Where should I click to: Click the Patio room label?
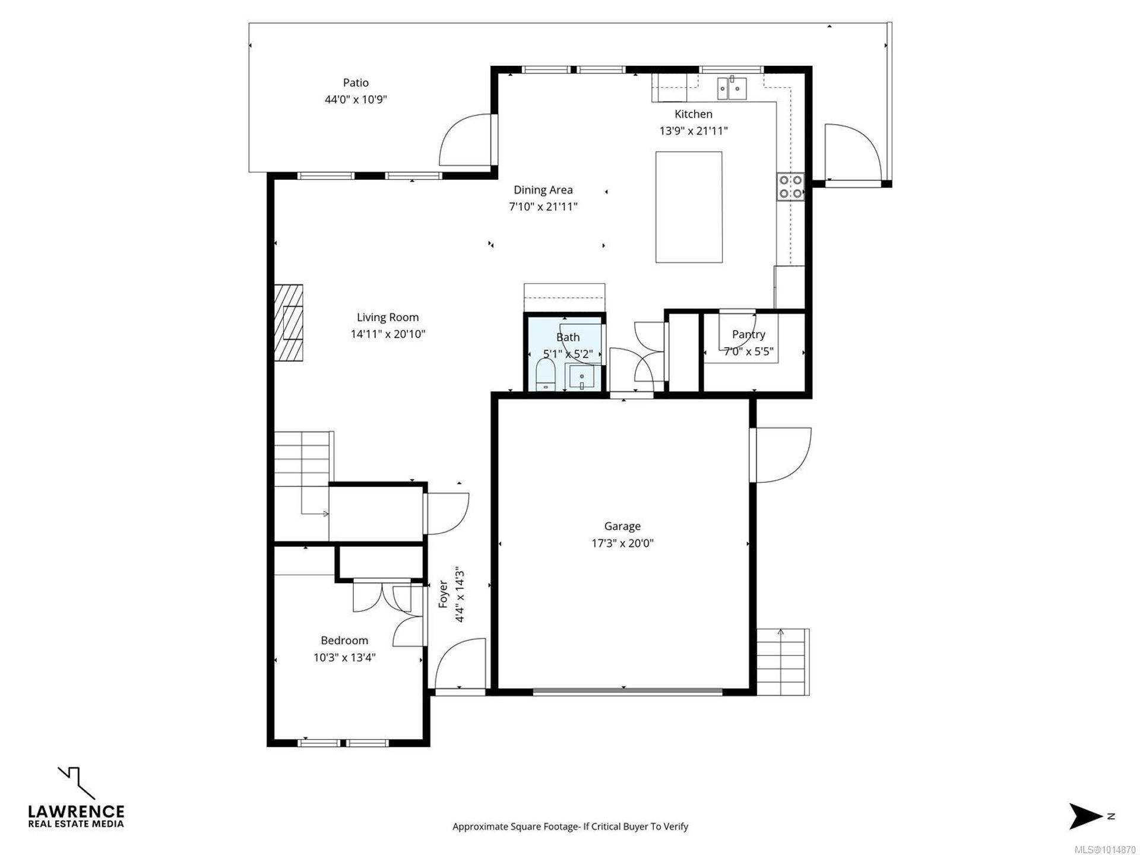coord(356,83)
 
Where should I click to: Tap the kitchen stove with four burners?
coord(790,186)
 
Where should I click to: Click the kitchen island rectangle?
coord(689,207)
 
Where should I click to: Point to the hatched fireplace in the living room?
coord(289,322)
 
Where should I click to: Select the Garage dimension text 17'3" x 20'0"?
coord(622,543)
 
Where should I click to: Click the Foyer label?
coord(443,594)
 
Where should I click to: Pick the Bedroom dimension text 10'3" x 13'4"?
coord(344,657)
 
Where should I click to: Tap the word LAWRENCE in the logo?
coord(77,812)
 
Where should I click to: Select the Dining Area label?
coord(543,190)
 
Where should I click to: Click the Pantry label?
coord(748,334)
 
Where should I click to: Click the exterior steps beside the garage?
coord(783,661)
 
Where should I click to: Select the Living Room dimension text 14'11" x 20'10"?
coord(388,334)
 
